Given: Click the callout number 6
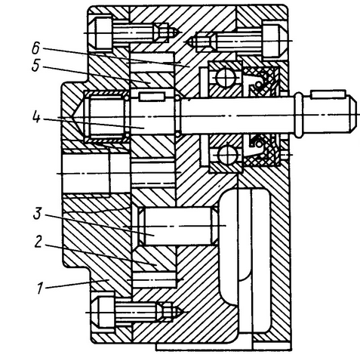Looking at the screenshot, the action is click(x=35, y=48).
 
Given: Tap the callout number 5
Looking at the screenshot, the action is click(x=35, y=66).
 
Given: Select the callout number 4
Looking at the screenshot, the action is click(x=37, y=117).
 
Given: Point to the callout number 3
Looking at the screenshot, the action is click(x=37, y=214).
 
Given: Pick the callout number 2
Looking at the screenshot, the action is click(x=38, y=242).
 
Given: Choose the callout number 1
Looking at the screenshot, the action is click(x=39, y=288).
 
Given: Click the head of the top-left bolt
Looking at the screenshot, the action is click(x=103, y=33).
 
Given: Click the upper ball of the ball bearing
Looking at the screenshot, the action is click(x=226, y=77).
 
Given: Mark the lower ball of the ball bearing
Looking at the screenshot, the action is click(x=226, y=155).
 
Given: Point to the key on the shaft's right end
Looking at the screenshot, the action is click(x=328, y=94).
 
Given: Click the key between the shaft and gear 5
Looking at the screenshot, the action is click(x=152, y=97).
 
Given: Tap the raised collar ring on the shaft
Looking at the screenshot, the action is click(x=298, y=115).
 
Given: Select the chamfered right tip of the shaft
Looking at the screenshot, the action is click(x=353, y=115).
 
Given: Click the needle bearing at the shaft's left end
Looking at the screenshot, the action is click(x=105, y=116).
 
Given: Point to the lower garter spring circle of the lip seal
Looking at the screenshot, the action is click(x=258, y=143).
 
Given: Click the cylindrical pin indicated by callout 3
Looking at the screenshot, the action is click(x=178, y=226).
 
